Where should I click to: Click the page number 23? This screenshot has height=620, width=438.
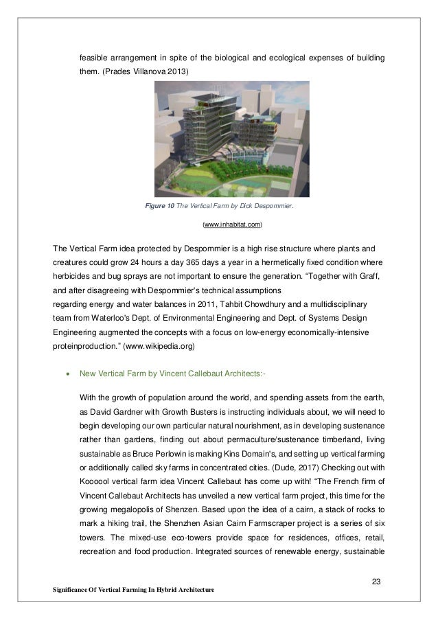click(376, 582)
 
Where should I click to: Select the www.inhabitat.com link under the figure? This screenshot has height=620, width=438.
click(232, 225)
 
